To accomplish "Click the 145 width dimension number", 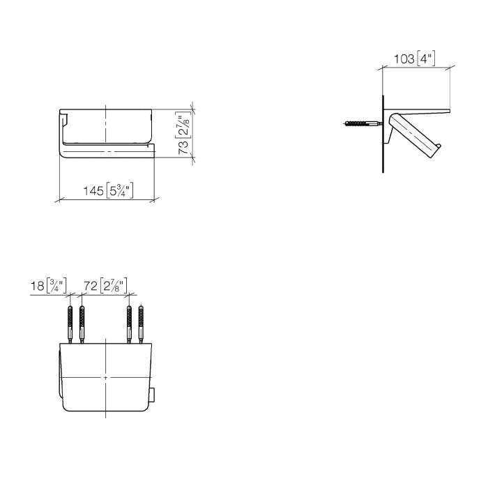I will coord(95,190).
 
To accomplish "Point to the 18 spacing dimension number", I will coord(38,286).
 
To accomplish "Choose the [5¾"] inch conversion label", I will coord(120,190).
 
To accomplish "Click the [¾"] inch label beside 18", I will coord(56,286).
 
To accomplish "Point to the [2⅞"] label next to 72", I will coord(114,286).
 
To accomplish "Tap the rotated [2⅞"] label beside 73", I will coord(183,123).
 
